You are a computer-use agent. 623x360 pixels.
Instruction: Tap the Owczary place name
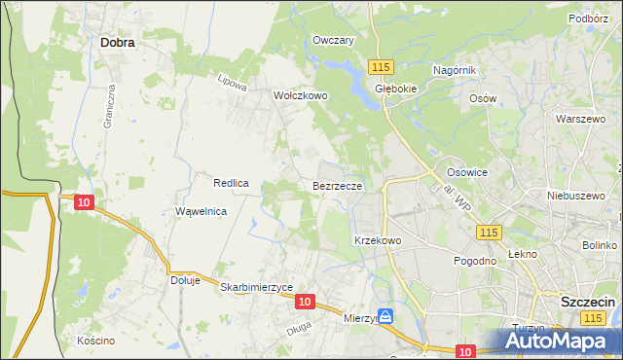point(332,40)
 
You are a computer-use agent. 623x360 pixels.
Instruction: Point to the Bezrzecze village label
point(338,185)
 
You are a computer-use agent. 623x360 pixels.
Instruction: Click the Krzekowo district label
point(378,239)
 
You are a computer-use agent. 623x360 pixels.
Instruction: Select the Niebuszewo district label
point(571,193)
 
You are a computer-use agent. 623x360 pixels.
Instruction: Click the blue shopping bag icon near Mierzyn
point(385,316)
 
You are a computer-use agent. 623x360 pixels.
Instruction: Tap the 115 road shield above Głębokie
point(380,66)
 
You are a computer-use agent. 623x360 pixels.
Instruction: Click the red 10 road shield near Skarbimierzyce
point(305,303)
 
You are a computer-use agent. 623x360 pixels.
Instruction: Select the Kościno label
point(96,341)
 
